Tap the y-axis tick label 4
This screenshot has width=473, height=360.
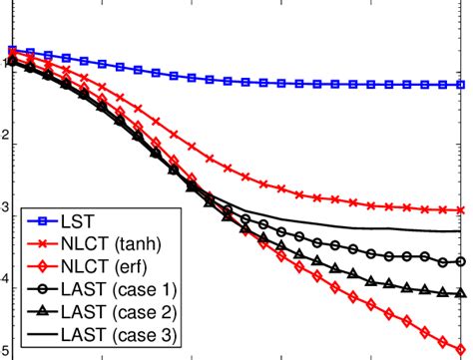6,283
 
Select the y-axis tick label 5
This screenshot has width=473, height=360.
6,351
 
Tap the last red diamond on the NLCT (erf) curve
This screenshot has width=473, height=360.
461,337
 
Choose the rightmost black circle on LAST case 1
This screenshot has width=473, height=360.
461,261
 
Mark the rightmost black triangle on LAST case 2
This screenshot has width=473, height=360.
461,292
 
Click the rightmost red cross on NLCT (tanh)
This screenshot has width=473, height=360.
461,210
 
